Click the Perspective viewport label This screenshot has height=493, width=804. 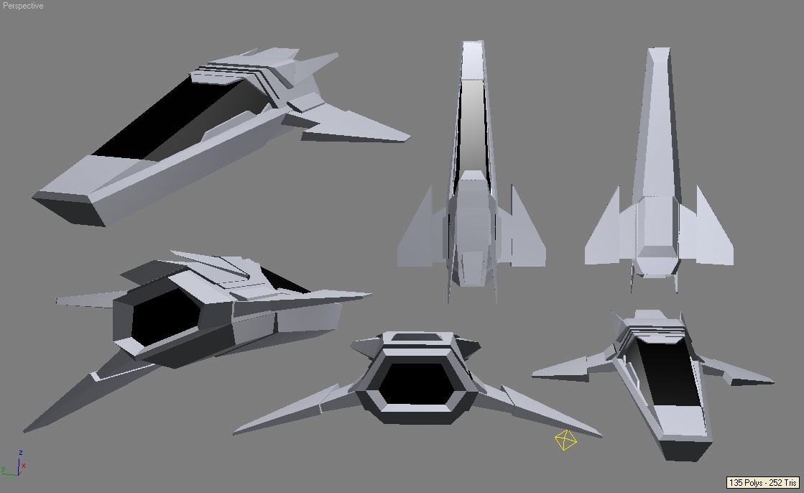click(23, 6)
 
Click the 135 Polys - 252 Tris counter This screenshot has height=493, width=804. click(763, 483)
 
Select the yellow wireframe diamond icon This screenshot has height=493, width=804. click(565, 440)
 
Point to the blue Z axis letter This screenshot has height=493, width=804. click(22, 453)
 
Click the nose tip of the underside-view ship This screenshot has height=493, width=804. click(658, 54)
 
